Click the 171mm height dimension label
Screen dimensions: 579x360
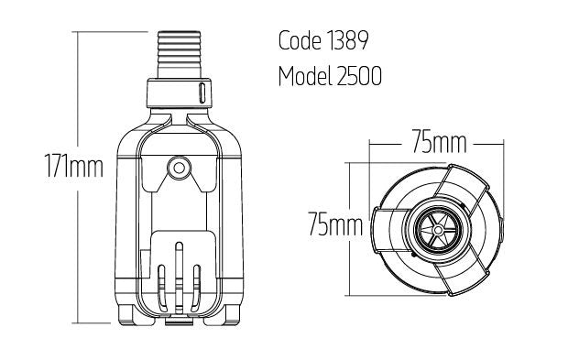tap(73, 166)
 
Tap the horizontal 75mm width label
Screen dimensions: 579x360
tap(439, 141)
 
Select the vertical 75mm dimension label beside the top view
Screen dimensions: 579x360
tap(335, 224)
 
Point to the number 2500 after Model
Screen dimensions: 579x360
tap(359, 76)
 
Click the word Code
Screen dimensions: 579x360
tap(300, 40)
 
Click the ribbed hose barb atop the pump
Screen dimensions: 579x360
tap(179, 55)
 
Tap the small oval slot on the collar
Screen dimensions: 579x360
tap(202, 93)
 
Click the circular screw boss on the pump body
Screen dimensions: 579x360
tap(179, 169)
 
